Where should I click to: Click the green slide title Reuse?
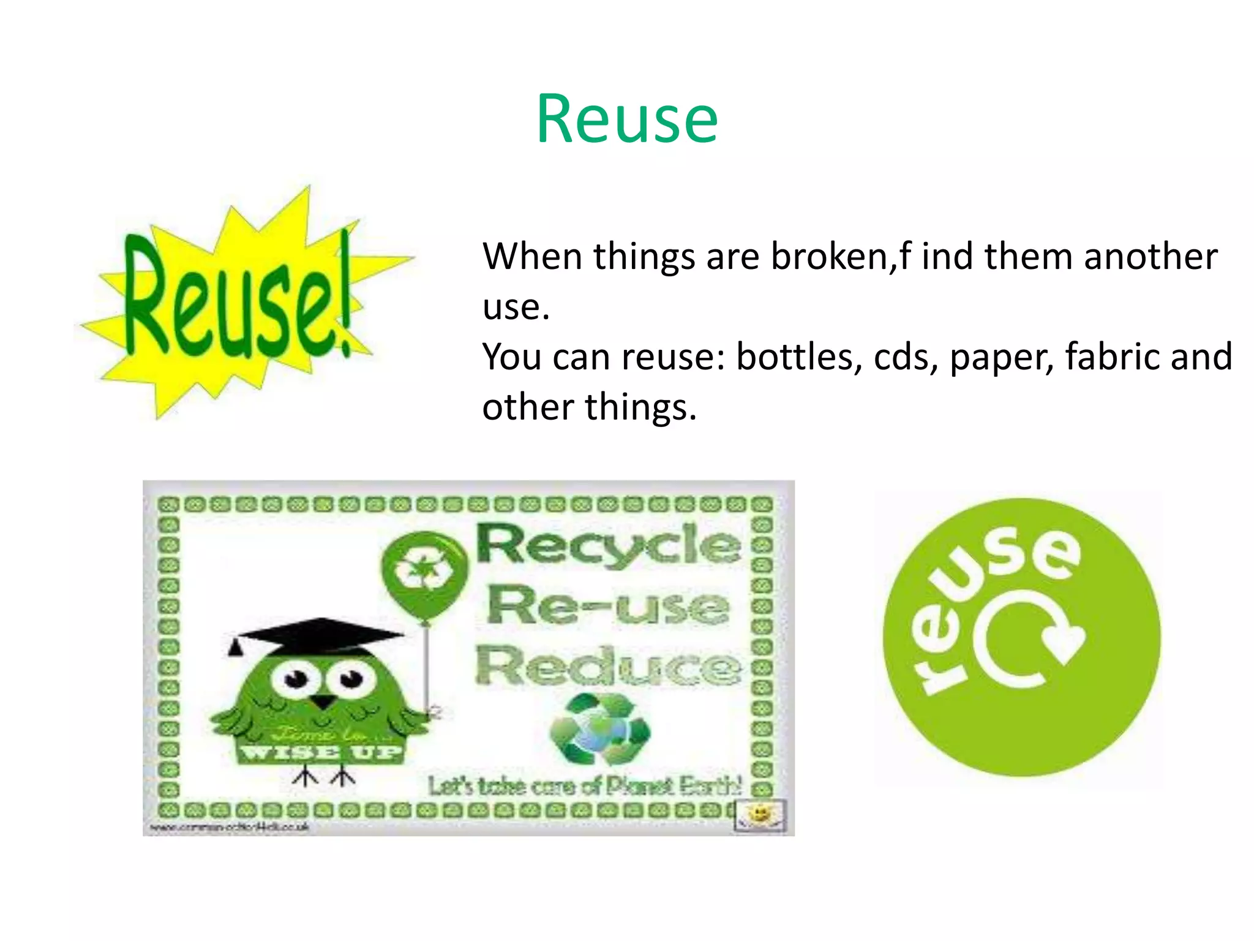(627, 119)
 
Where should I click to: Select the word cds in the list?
(905, 357)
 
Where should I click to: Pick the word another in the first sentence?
(1151, 256)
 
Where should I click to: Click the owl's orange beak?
(323, 701)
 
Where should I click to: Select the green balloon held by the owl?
(422, 573)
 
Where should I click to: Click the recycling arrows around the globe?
(600, 729)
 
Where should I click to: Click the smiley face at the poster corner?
(760, 814)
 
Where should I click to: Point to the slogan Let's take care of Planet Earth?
(585, 786)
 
